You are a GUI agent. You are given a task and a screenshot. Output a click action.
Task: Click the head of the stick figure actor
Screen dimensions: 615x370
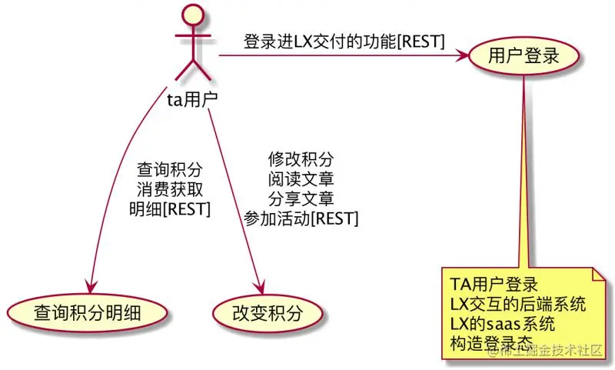point(193,14)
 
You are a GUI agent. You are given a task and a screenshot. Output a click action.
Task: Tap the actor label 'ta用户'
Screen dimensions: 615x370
point(192,99)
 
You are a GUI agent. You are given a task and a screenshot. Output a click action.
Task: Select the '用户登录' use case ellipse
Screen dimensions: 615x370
point(524,55)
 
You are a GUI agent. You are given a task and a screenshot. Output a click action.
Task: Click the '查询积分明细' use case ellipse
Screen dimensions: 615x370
point(87,313)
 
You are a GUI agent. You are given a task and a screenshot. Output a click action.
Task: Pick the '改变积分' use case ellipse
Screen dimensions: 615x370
point(268,313)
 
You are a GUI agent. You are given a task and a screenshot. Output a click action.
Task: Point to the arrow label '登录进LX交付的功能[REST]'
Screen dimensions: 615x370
point(344,42)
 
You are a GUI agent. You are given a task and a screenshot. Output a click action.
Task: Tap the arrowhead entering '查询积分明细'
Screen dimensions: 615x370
point(91,287)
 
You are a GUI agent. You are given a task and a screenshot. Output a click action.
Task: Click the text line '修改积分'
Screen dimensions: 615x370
point(301,159)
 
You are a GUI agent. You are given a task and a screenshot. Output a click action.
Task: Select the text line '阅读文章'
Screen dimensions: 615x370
point(301,179)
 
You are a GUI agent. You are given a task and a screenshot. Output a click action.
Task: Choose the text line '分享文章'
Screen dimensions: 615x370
point(301,198)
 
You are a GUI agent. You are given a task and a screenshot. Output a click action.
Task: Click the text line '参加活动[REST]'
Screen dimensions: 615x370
point(301,218)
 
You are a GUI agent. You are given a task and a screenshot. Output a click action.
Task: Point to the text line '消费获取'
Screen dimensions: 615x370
point(170,189)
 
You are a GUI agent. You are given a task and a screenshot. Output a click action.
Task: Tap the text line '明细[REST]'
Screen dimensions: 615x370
point(170,209)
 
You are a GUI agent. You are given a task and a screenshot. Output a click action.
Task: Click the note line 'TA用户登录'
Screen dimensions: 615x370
point(494,285)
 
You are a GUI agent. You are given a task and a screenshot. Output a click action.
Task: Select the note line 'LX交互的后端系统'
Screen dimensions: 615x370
point(517,304)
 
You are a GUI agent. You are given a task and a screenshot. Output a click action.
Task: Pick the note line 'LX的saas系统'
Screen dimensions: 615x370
point(502,324)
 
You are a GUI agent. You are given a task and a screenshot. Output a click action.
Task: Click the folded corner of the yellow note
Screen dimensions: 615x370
point(600,275)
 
